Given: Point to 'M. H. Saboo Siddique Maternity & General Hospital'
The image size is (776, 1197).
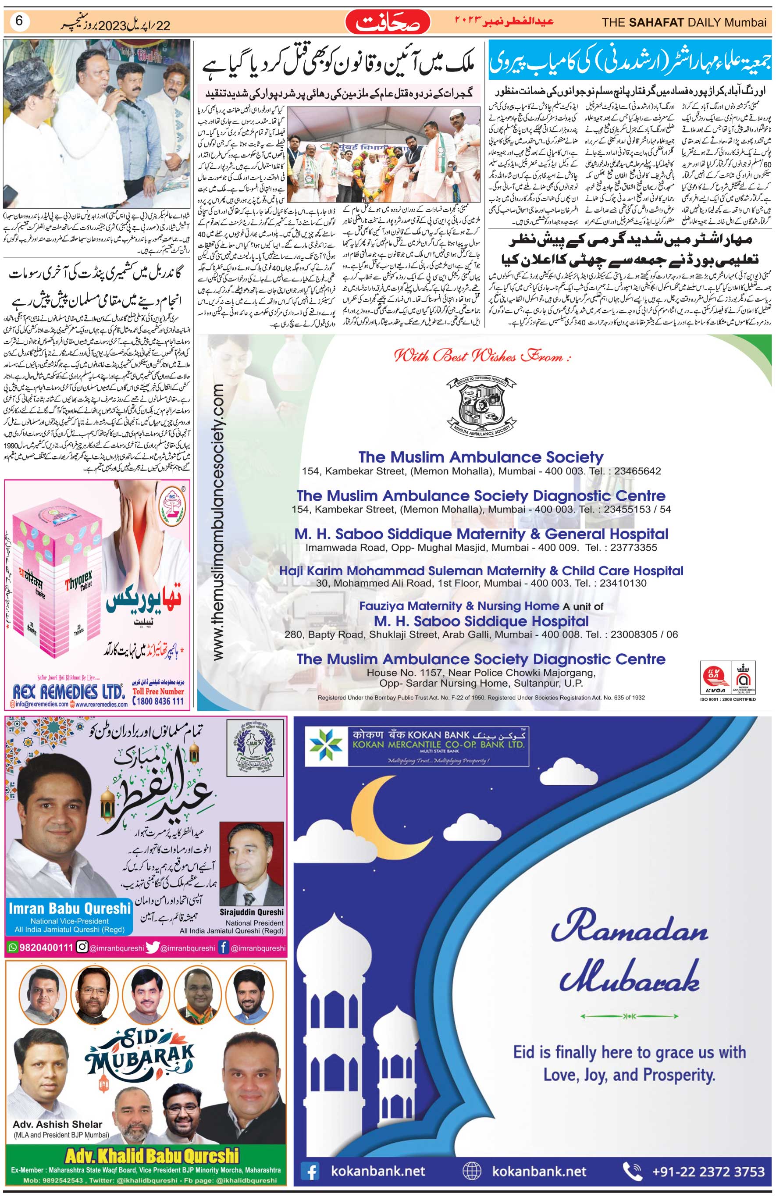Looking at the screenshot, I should pyautogui.click(x=481, y=534).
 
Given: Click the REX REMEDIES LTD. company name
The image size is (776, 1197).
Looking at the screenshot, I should pyautogui.click(x=68, y=692).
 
